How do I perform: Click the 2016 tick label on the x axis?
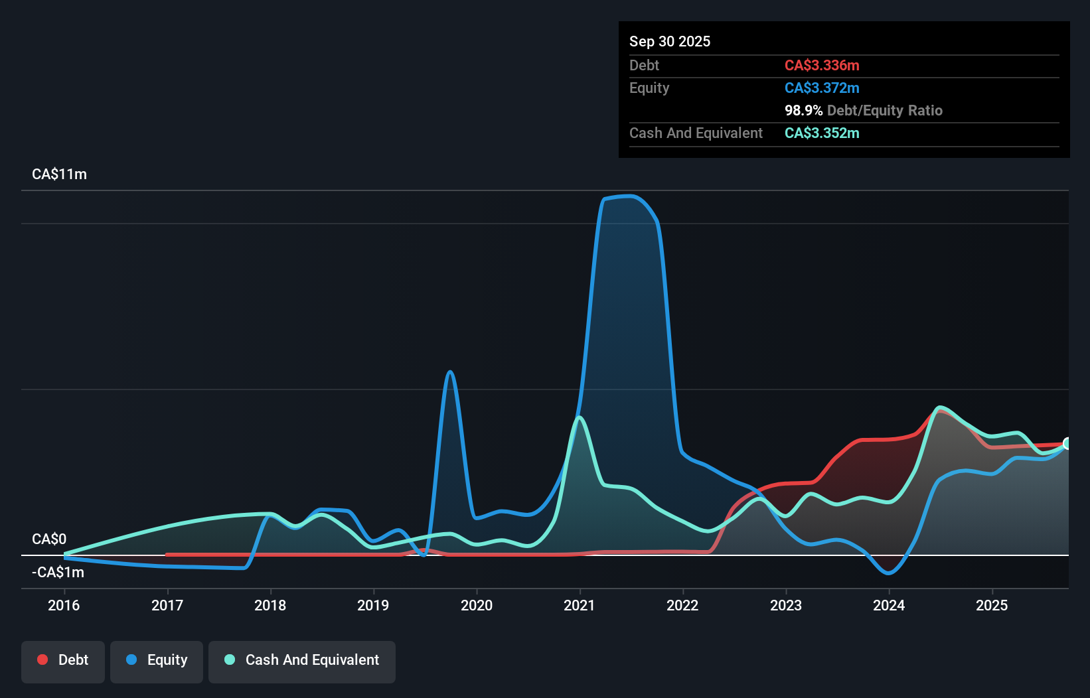[64, 605]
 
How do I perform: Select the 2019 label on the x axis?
[373, 605]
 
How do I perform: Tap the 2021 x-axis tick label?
[580, 605]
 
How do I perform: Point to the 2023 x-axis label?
[786, 605]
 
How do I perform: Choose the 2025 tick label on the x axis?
[992, 605]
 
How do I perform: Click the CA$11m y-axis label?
[59, 174]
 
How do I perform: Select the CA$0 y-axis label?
[49, 539]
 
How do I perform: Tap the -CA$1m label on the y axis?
[58, 572]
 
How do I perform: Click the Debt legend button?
[63, 660]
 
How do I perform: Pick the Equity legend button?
[157, 660]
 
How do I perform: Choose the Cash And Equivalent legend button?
[302, 660]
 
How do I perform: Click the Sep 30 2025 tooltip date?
[669, 41]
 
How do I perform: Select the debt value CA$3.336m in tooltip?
[822, 65]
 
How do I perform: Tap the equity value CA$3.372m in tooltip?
[822, 88]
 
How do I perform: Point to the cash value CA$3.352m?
[822, 133]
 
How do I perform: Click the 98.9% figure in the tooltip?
[803, 110]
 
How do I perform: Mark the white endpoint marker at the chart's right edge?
[1067, 443]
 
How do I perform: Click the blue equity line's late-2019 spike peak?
[450, 372]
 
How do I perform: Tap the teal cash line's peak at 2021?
[580, 417]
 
